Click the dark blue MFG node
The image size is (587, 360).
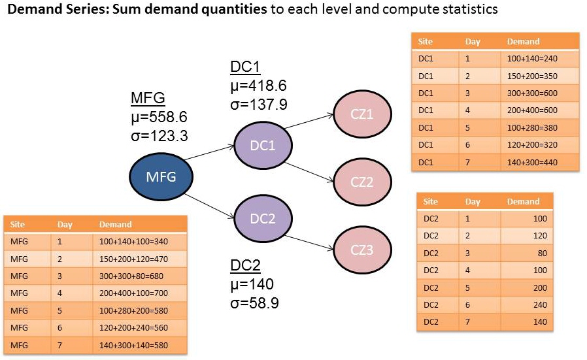click(x=161, y=176)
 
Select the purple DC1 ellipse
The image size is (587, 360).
click(x=262, y=145)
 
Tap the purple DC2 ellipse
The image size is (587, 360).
click(x=262, y=218)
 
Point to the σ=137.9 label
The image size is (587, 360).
click(x=259, y=105)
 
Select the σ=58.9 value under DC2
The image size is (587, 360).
click(x=255, y=303)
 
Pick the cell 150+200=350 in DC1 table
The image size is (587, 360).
click(x=532, y=76)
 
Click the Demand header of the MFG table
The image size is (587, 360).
click(x=115, y=224)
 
